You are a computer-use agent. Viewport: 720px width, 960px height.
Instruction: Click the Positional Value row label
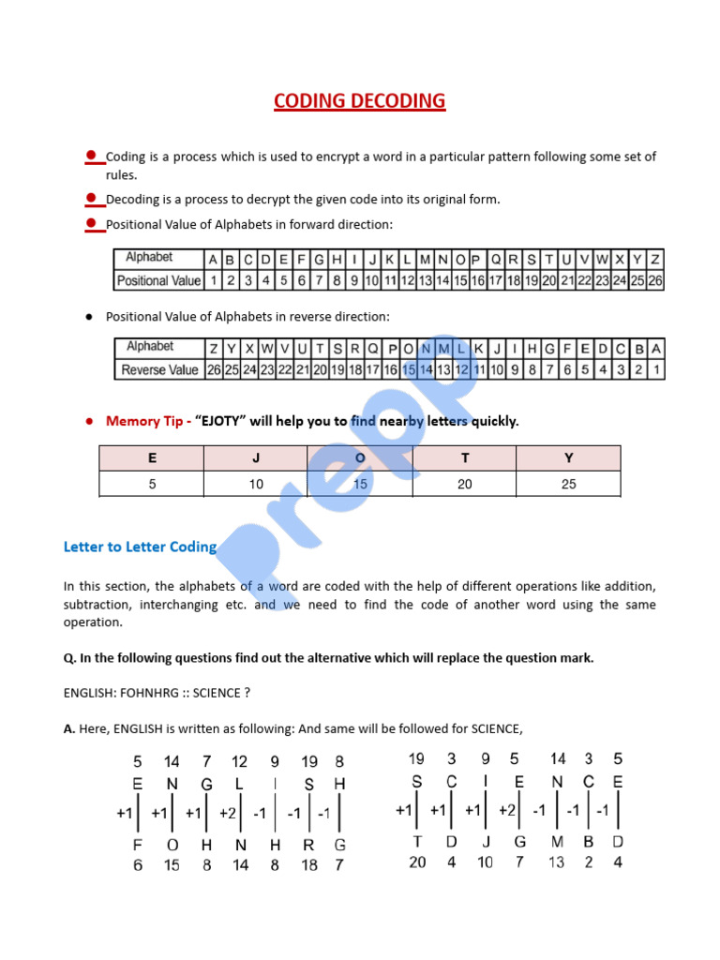coord(158,280)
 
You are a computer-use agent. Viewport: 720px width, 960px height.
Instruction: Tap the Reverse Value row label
coord(159,370)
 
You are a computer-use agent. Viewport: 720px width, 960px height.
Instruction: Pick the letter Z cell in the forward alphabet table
coord(655,259)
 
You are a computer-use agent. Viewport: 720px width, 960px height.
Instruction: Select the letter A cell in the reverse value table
coord(655,348)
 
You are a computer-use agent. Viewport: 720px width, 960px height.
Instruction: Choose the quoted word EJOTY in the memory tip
coord(220,421)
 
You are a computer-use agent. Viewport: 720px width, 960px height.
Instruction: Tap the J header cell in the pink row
coord(256,458)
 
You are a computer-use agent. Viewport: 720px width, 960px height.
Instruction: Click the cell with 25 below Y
coord(568,484)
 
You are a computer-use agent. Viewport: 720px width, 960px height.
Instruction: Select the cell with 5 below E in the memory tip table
coord(152,484)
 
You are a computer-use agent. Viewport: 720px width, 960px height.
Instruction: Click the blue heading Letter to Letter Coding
coord(140,547)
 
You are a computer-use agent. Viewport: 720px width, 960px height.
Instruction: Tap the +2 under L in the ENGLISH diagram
coord(228,813)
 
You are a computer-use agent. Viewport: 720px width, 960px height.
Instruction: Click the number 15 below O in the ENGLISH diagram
coord(172,864)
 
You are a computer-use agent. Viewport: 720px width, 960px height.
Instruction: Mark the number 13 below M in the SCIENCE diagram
coord(557,862)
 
